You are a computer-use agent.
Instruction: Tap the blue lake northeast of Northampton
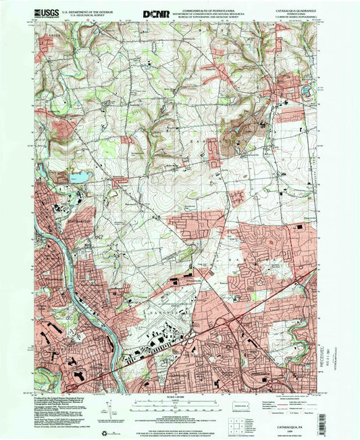click(x=80, y=178)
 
